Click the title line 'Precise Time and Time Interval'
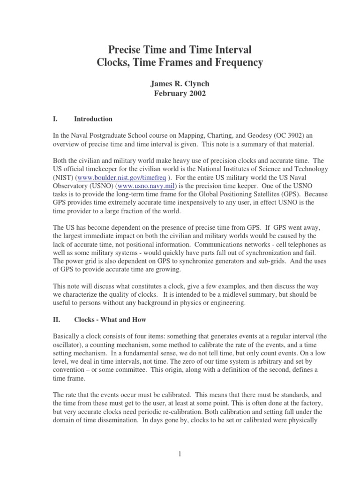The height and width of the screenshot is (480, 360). [x=180, y=49]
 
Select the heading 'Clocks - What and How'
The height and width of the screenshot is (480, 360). [x=110, y=320]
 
